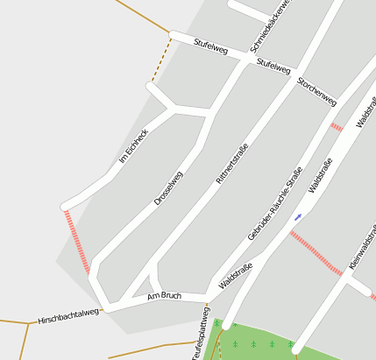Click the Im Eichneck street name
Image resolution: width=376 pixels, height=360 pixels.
133,146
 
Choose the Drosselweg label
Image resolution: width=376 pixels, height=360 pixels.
168,187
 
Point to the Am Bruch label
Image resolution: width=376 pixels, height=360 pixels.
164,296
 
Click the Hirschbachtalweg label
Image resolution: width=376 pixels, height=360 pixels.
68,318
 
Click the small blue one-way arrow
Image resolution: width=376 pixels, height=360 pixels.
298,215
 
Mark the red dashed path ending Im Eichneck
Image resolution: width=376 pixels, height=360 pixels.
77,242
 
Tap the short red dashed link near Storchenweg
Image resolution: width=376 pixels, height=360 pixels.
337,127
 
